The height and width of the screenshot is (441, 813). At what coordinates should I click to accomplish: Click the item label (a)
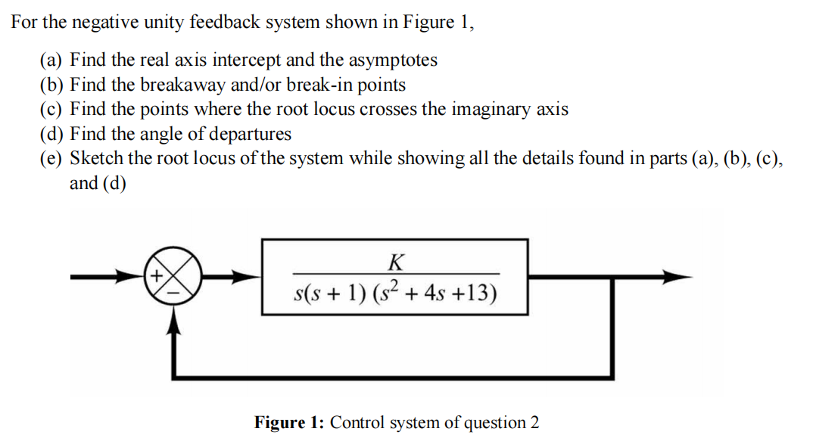pyautogui.click(x=52, y=60)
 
